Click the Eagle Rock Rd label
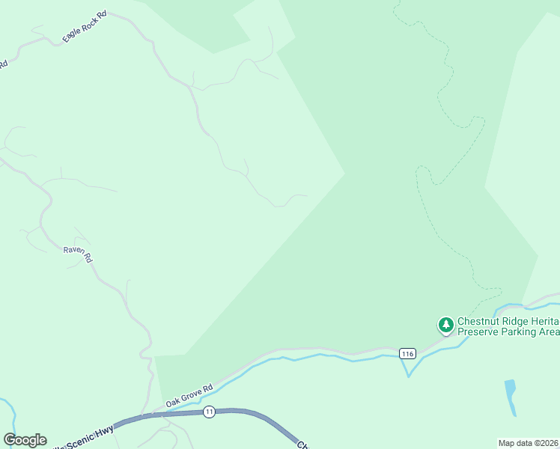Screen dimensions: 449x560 pyautogui.click(x=84, y=27)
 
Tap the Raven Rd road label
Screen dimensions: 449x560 pyautogui.click(x=77, y=254)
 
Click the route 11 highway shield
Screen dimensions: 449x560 pyautogui.click(x=209, y=412)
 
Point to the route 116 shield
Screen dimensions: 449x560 pyautogui.click(x=407, y=353)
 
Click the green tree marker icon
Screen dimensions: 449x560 pyautogui.click(x=446, y=325)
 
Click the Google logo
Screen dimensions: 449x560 pyautogui.click(x=25, y=440)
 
